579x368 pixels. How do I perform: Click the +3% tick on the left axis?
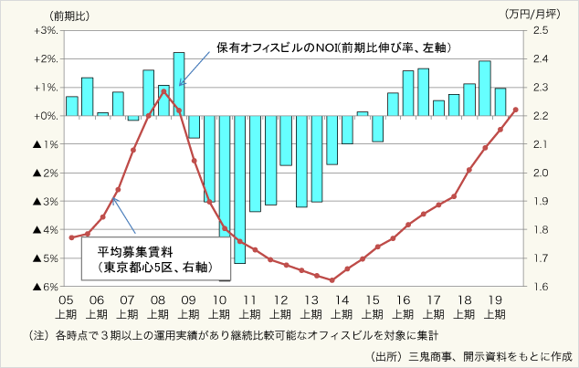click(x=44, y=31)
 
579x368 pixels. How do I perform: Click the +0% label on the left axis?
click(x=44, y=116)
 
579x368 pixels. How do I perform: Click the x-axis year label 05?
click(x=66, y=300)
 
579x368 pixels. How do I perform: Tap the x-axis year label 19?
click(x=494, y=300)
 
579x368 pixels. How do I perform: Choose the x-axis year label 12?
click(x=279, y=300)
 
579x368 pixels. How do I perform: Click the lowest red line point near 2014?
click(x=332, y=280)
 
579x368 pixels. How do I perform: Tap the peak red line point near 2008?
click(x=163, y=92)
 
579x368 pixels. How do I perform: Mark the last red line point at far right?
click(x=516, y=110)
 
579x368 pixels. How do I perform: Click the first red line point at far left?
click(x=71, y=237)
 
